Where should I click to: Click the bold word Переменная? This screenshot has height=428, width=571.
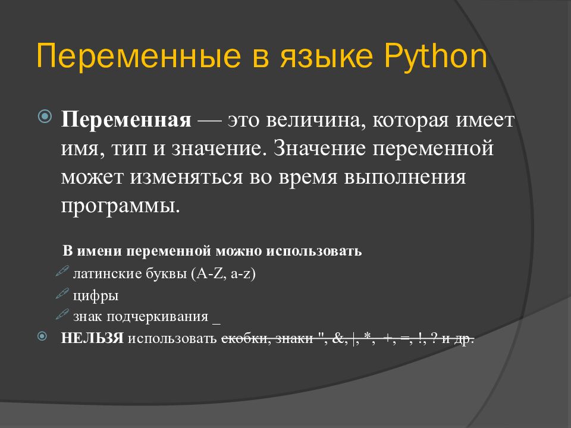[126, 120]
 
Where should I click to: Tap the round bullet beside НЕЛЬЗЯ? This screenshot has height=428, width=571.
[42, 336]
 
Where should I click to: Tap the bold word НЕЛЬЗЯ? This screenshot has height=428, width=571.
[92, 338]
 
